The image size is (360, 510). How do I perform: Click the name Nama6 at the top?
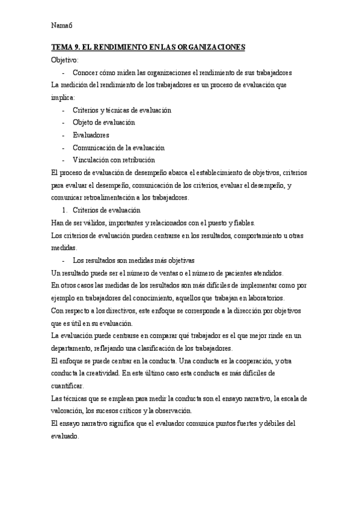(62, 25)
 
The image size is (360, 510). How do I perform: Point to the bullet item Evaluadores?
(91, 135)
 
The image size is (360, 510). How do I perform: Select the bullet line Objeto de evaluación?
(104, 123)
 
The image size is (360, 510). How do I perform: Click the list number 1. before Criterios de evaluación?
(66, 210)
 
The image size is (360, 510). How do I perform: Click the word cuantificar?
(69, 386)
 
